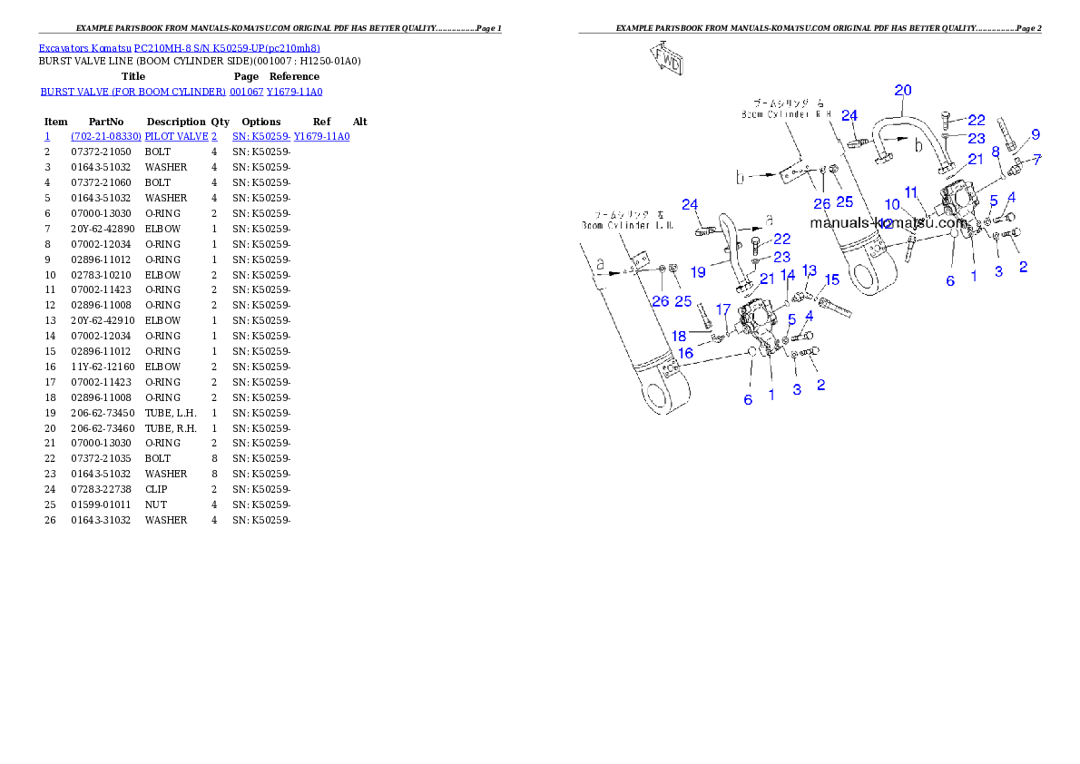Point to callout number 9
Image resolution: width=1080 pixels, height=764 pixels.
(1035, 134)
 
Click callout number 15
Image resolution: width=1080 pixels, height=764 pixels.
(831, 279)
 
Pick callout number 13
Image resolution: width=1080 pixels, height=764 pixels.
(809, 270)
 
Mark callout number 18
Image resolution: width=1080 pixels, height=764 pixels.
(680, 337)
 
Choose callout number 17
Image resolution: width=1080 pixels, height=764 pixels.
(723, 309)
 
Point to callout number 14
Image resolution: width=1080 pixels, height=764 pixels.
(788, 274)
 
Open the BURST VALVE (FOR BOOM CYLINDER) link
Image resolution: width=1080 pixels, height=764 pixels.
(133, 92)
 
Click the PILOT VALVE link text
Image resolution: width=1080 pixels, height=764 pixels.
(181, 136)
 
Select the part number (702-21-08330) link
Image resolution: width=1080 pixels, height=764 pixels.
(106, 136)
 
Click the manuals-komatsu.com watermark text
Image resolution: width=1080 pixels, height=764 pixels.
(889, 222)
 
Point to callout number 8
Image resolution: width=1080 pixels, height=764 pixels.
(996, 152)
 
